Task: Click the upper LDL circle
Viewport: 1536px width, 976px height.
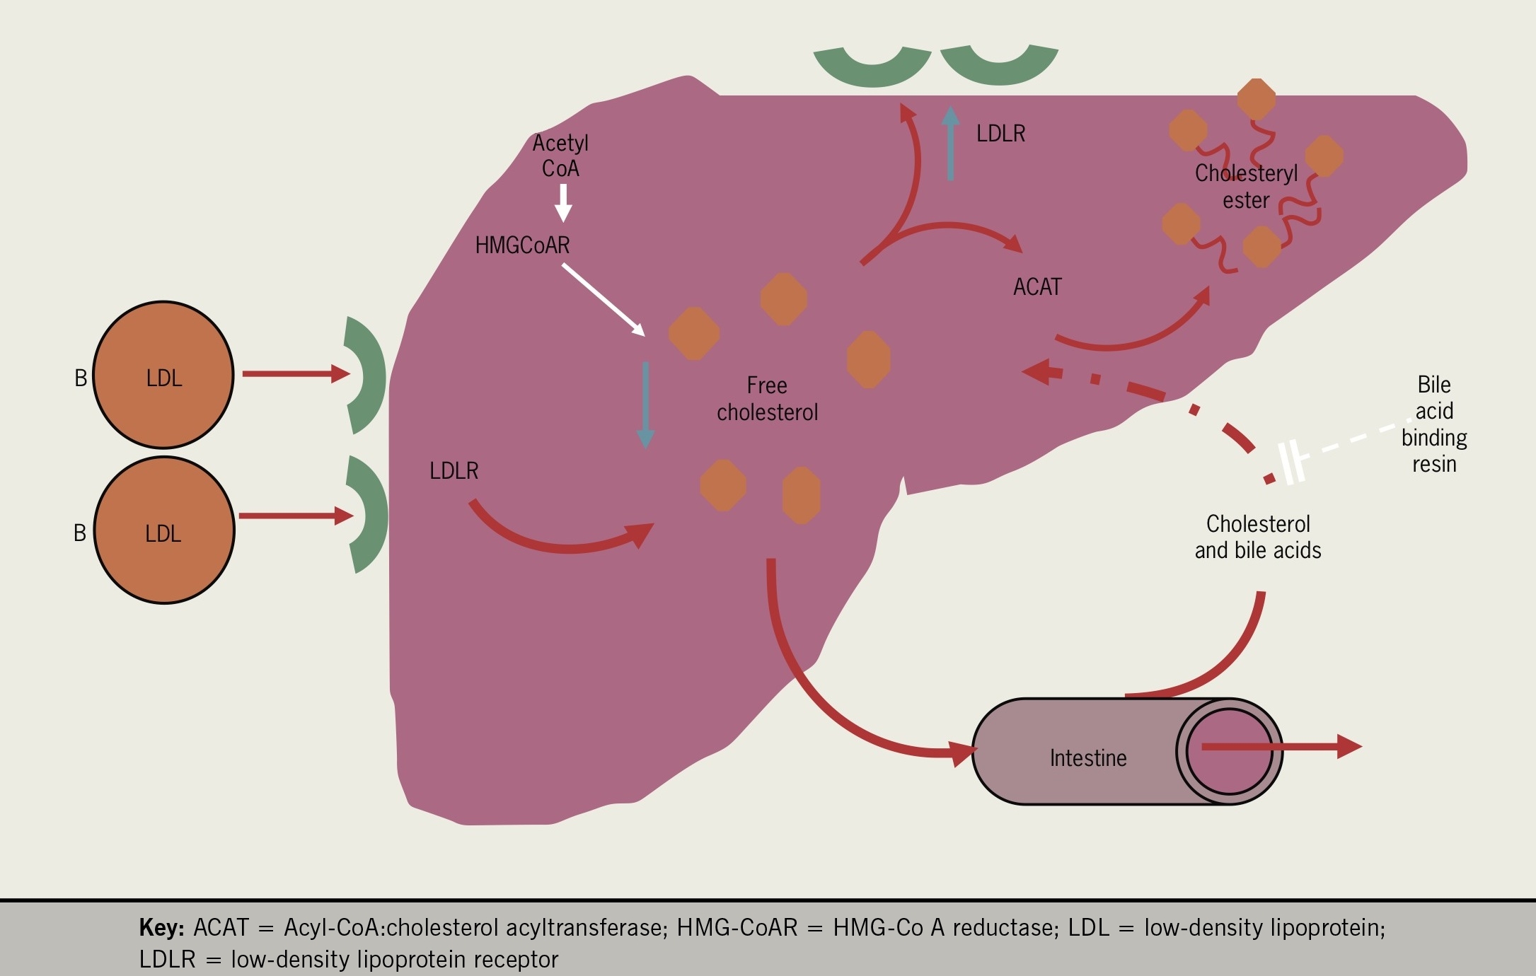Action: point(163,376)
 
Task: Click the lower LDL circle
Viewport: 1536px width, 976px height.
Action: point(164,530)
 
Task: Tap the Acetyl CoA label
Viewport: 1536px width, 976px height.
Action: point(560,156)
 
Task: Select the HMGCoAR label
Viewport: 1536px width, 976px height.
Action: point(522,245)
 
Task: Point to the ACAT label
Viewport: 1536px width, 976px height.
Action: point(1037,287)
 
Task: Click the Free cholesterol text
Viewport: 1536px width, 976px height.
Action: point(767,399)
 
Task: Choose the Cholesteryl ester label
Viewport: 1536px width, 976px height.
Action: point(1246,187)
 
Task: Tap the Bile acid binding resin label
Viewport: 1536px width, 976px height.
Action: point(1434,424)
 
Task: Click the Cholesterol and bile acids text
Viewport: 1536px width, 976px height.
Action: point(1258,537)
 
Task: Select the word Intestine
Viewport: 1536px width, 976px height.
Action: point(1088,758)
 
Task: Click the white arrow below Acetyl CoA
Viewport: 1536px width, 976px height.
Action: point(563,202)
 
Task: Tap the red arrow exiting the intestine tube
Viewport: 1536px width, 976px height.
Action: point(1281,747)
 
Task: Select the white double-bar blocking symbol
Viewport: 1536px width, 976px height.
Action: point(1293,463)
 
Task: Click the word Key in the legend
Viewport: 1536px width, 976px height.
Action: point(162,927)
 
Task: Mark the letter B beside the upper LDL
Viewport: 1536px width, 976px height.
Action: point(81,378)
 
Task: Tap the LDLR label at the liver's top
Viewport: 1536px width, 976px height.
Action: point(1000,134)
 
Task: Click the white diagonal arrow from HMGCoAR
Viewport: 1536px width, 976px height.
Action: point(604,300)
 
